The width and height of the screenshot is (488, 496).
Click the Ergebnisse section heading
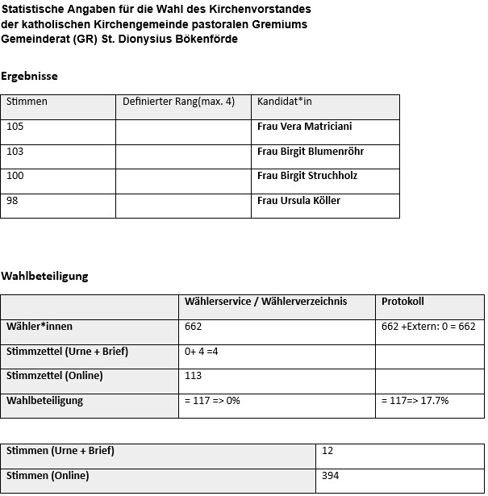[29, 77]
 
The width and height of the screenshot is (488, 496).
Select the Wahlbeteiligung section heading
[44, 276]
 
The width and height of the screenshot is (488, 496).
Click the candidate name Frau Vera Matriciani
[304, 127]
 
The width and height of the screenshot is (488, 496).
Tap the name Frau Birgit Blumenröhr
[311, 151]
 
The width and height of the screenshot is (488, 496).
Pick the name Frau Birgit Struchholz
[307, 176]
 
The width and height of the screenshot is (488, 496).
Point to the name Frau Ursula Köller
[298, 201]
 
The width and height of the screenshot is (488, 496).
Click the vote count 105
[15, 127]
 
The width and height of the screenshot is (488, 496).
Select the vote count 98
[12, 201]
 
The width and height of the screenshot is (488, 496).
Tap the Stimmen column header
[27, 102]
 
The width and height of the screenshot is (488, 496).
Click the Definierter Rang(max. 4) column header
[178, 102]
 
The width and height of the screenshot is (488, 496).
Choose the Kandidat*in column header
[284, 102]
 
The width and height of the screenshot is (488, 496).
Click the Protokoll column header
[402, 302]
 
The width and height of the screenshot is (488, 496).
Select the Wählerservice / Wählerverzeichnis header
[265, 302]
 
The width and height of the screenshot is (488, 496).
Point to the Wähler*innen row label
[40, 327]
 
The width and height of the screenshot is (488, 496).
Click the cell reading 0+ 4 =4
[202, 352]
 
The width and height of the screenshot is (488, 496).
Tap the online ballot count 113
[193, 376]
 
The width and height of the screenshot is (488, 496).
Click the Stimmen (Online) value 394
[330, 476]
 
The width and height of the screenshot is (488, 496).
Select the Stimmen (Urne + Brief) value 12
[327, 451]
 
